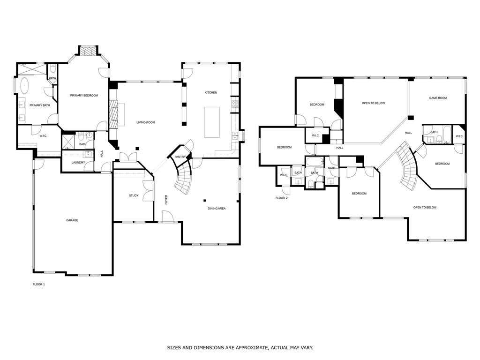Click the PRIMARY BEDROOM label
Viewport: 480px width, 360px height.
click(x=84, y=96)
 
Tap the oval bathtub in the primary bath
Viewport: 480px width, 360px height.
click(x=24, y=86)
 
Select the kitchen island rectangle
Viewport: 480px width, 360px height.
click(x=212, y=122)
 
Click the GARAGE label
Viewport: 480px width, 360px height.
click(x=72, y=220)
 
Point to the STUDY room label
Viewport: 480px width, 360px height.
click(x=134, y=195)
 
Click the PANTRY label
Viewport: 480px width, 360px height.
click(x=180, y=157)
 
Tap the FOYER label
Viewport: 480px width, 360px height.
click(x=166, y=200)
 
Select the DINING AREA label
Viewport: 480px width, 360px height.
click(x=217, y=209)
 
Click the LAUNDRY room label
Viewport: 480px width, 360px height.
click(x=78, y=163)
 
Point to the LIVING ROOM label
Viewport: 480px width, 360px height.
click(x=146, y=122)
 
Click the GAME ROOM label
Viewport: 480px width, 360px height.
click(x=438, y=98)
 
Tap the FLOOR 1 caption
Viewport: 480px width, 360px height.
click(x=39, y=285)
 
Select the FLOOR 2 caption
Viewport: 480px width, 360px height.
click(x=282, y=198)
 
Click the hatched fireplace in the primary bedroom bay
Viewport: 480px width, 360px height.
click(x=89, y=52)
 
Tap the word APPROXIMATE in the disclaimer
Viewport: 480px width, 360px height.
click(x=248, y=348)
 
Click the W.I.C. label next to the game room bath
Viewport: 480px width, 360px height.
click(x=459, y=136)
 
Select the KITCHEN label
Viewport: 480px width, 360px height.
click(x=211, y=92)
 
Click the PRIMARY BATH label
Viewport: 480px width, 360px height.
click(x=40, y=105)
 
